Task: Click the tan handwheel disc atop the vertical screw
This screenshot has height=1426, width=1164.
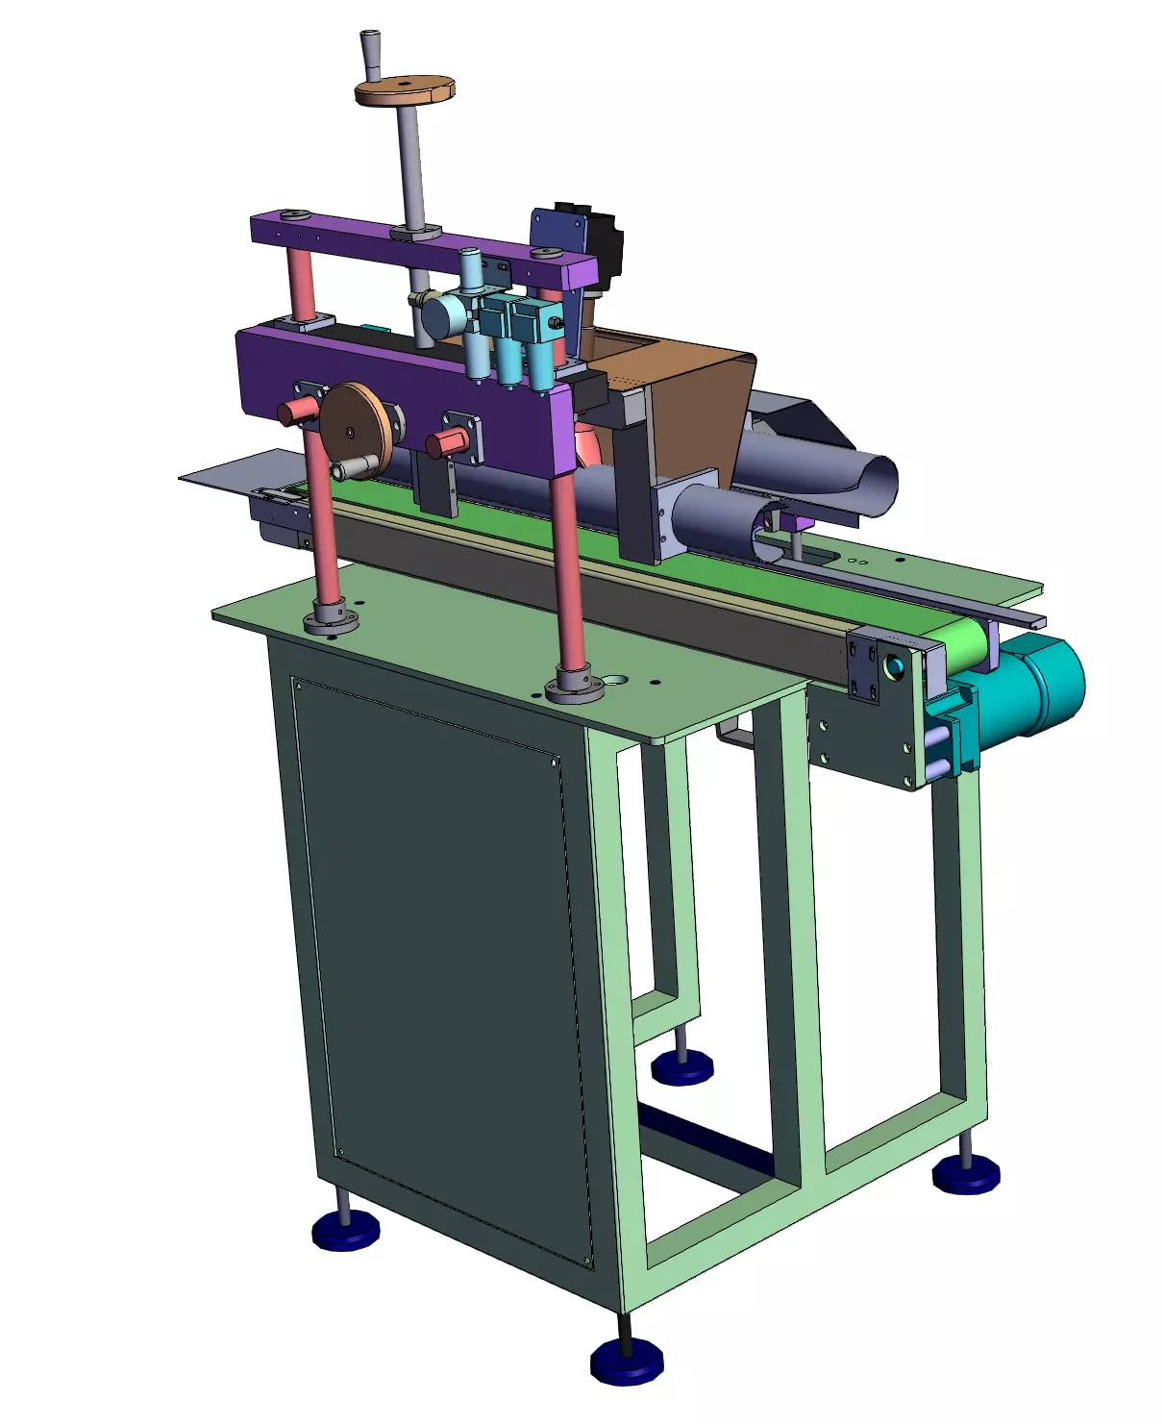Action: tap(404, 91)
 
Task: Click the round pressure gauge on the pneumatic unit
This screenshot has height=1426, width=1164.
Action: tap(440, 315)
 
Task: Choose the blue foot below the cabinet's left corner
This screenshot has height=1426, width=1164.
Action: tap(346, 1230)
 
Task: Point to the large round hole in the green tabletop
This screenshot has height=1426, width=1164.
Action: tap(611, 680)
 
